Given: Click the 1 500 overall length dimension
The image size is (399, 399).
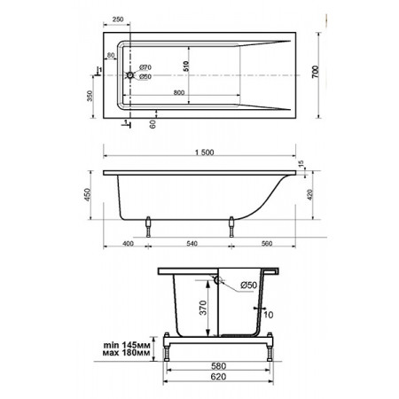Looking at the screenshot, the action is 204,153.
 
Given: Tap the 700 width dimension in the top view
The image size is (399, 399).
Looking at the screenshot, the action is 316,72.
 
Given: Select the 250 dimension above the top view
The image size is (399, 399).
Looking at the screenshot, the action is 118,20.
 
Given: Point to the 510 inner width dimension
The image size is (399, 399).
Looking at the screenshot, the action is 185,66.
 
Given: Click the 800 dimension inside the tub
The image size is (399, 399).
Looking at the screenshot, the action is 179,92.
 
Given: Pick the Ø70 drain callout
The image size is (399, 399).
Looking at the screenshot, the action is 145,67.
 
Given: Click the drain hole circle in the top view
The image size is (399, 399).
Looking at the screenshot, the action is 130,75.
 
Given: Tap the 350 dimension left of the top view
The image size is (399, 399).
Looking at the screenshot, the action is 90,96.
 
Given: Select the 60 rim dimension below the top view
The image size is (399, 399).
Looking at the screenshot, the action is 153,124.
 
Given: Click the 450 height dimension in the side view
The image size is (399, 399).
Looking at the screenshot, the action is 88,195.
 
